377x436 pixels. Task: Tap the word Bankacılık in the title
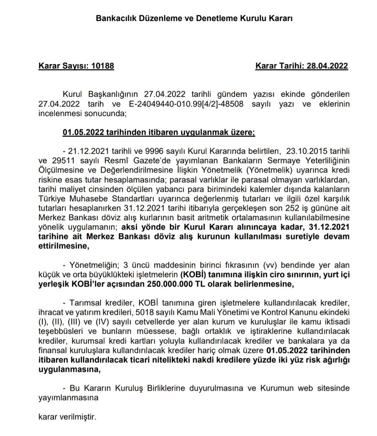[114, 19]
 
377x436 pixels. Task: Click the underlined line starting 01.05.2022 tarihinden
[159, 132]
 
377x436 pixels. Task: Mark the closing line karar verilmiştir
[67, 416]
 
